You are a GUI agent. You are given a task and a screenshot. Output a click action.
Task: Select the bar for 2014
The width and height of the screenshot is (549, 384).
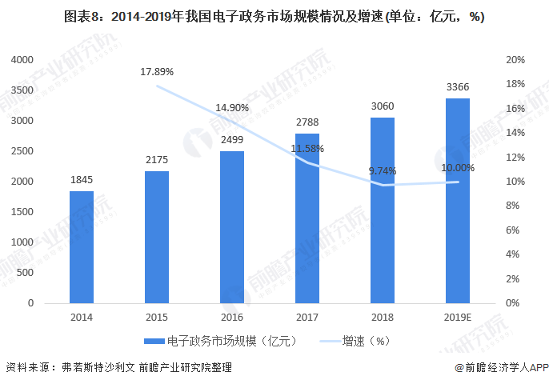pos(82,247)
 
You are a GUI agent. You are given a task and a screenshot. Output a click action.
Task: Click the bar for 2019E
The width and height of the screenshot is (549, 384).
pos(457,201)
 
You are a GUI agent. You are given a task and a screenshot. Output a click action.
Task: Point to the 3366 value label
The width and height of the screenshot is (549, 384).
pos(457,87)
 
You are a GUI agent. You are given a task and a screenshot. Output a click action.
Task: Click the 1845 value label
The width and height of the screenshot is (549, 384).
pos(82,180)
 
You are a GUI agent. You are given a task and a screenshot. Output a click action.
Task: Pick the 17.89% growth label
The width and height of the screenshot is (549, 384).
pos(157,71)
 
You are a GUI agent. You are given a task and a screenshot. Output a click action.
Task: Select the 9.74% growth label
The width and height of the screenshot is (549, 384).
pos(383,170)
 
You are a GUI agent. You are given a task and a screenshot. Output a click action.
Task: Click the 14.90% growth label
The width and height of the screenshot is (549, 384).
pos(232,107)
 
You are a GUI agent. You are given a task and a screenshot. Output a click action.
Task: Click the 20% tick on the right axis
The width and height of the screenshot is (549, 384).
pos(515,60)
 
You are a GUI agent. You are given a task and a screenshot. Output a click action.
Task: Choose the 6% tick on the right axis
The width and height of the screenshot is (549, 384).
pos(515,230)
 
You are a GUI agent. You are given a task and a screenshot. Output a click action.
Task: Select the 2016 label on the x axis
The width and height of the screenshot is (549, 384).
pos(232,317)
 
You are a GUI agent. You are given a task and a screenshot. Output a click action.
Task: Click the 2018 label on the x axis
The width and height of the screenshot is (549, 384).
pos(383,317)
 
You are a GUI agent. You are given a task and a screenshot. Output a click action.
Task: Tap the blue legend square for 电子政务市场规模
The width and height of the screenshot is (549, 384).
pos(160,340)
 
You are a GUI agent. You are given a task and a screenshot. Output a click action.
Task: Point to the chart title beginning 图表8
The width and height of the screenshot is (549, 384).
pos(274,16)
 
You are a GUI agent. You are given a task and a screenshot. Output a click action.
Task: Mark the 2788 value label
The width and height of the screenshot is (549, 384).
pos(307,122)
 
